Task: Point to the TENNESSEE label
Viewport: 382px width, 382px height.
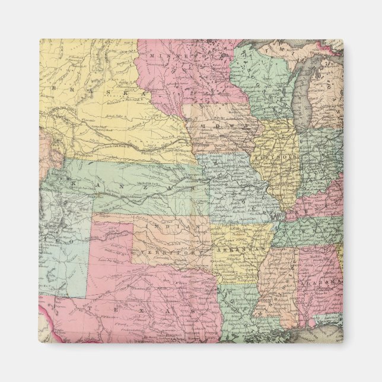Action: [308, 228]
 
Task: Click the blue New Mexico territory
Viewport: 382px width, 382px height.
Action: [62, 261]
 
